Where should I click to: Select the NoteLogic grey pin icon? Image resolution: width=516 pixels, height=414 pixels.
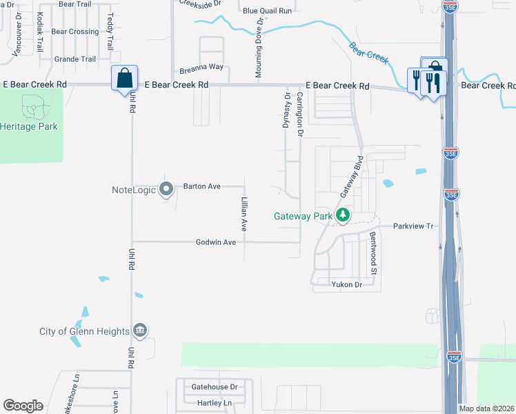(166, 188)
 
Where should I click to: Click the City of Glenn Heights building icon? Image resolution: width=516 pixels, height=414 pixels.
(140, 331)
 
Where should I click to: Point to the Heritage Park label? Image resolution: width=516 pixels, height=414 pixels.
(29, 126)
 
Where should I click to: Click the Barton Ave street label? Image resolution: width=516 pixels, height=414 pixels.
(201, 186)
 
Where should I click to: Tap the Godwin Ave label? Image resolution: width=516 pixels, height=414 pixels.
(216, 242)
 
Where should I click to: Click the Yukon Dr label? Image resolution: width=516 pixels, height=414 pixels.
(346, 284)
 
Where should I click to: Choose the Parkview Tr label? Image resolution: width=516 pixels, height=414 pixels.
(413, 226)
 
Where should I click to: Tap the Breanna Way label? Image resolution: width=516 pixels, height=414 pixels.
(201, 67)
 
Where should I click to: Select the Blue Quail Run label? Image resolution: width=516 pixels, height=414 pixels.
(267, 10)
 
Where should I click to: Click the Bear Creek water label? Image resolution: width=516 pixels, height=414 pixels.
(365, 50)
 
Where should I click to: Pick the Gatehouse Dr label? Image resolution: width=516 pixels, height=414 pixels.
(214, 387)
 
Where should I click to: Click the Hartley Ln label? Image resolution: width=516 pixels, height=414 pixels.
(214, 402)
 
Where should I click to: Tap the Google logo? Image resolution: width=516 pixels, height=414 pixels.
(23, 406)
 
